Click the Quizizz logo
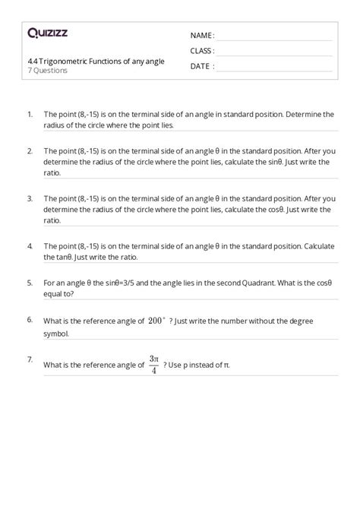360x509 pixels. [46, 33]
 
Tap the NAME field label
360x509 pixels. [202, 36]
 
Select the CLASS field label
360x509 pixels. [202, 51]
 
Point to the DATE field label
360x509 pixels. [201, 66]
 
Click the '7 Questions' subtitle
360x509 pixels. [46, 71]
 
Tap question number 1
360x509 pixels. [29, 114]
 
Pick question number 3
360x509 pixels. [29, 198]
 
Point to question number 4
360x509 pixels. [29, 246]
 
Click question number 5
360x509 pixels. [29, 282]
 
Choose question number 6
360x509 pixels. [29, 320]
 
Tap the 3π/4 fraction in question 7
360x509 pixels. [153, 364]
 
